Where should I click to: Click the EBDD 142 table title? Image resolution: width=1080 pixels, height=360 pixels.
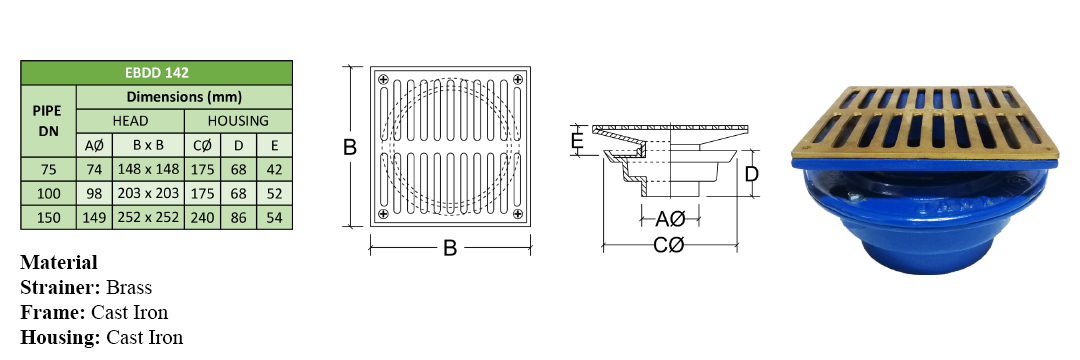click(156, 72)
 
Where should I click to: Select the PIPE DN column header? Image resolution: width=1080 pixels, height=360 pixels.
click(48, 120)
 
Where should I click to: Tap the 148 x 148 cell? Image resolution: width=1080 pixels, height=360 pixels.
click(148, 169)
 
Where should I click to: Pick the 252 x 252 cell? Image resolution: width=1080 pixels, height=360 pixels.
click(148, 218)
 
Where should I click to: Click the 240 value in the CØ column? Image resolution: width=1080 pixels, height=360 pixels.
click(202, 218)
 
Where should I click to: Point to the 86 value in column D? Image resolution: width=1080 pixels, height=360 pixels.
click(238, 218)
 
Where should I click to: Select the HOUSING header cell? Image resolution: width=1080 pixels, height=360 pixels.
click(238, 121)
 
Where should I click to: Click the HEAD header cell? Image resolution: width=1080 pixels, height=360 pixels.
click(130, 121)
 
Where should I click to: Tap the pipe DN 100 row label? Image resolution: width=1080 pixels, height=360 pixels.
click(48, 193)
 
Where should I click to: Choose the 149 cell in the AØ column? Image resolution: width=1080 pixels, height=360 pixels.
click(94, 218)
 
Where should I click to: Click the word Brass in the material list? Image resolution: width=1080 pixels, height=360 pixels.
click(129, 287)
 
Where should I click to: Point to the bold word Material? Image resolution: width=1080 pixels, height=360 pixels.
click(59, 262)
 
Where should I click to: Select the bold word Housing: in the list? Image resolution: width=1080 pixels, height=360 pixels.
click(61, 338)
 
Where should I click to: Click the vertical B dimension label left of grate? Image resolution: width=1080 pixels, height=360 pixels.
click(350, 147)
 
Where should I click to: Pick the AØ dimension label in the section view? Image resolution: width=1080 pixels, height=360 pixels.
click(669, 220)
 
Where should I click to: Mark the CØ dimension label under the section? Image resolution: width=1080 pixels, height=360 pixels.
click(669, 244)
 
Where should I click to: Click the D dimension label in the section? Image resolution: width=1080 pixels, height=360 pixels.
click(751, 173)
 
